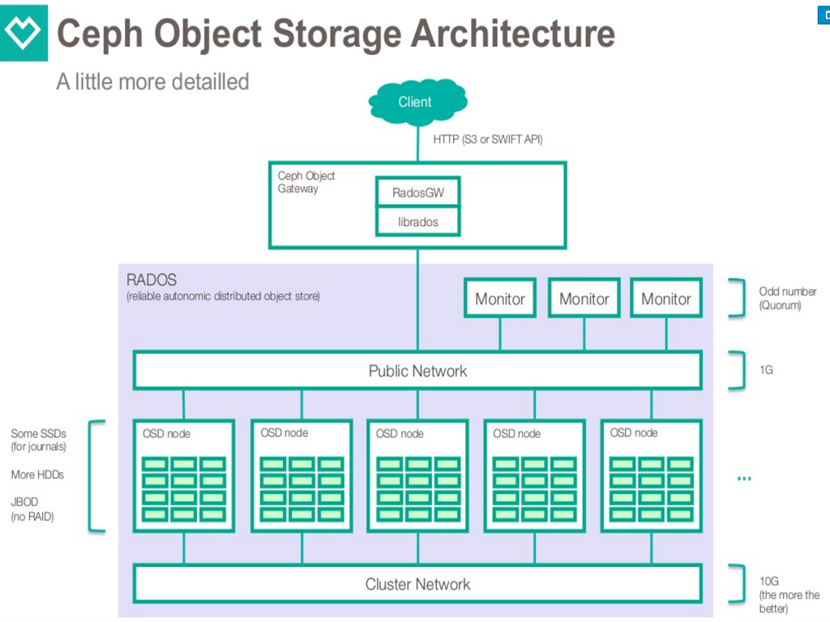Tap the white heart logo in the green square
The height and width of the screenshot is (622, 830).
(x=23, y=33)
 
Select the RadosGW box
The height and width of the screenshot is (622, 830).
(x=418, y=193)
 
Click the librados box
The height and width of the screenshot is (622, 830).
(x=418, y=221)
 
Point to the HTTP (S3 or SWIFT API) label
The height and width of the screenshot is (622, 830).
(x=487, y=139)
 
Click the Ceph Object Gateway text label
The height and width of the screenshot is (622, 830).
(x=306, y=182)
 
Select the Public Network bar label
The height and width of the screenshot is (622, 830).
(x=417, y=371)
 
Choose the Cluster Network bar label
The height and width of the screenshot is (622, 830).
(x=417, y=584)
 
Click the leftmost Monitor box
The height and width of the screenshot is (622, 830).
(x=500, y=298)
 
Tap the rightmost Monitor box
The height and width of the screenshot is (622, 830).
(x=666, y=298)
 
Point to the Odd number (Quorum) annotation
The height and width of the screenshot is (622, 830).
(x=787, y=298)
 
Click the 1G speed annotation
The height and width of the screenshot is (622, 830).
(x=766, y=370)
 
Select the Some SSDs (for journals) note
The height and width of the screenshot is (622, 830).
(x=39, y=440)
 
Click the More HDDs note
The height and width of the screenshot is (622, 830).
(x=37, y=475)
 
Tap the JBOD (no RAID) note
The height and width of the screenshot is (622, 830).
(x=32, y=509)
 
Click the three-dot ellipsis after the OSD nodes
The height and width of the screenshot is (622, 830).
(x=744, y=479)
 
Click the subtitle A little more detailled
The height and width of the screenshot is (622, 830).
(x=152, y=82)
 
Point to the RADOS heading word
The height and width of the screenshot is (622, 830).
(x=152, y=280)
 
